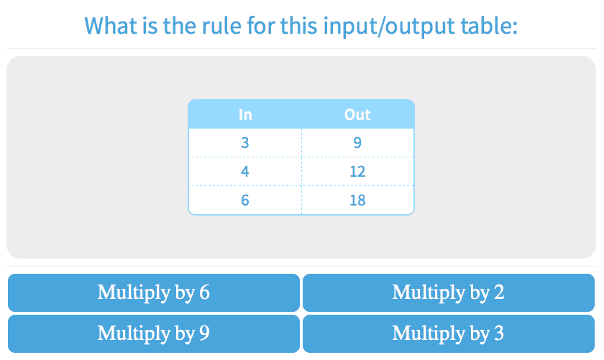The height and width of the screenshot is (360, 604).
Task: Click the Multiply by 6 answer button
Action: (x=154, y=292)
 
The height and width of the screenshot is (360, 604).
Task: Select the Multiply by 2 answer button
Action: (x=449, y=292)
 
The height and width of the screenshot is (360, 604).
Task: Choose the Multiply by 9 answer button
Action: (x=154, y=334)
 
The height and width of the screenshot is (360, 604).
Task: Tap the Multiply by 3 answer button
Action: (x=449, y=334)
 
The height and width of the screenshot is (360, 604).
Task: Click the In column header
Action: (x=245, y=115)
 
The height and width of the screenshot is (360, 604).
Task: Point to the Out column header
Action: (x=357, y=115)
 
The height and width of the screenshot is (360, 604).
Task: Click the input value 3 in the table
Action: (x=245, y=143)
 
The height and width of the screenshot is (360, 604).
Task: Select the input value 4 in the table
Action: (x=245, y=171)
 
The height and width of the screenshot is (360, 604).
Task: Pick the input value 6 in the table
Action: (x=245, y=200)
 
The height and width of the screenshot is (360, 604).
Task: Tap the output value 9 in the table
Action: (x=357, y=143)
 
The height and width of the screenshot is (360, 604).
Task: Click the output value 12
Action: (x=357, y=171)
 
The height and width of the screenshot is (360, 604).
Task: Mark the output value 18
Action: (x=357, y=200)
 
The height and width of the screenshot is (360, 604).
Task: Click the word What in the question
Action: (x=111, y=26)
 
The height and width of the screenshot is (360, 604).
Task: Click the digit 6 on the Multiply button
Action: (x=204, y=292)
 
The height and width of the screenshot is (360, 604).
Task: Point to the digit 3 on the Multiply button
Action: (x=499, y=333)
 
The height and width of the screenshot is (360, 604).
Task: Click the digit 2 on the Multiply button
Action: (x=499, y=292)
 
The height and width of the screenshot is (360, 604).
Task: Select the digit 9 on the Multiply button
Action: (x=204, y=333)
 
